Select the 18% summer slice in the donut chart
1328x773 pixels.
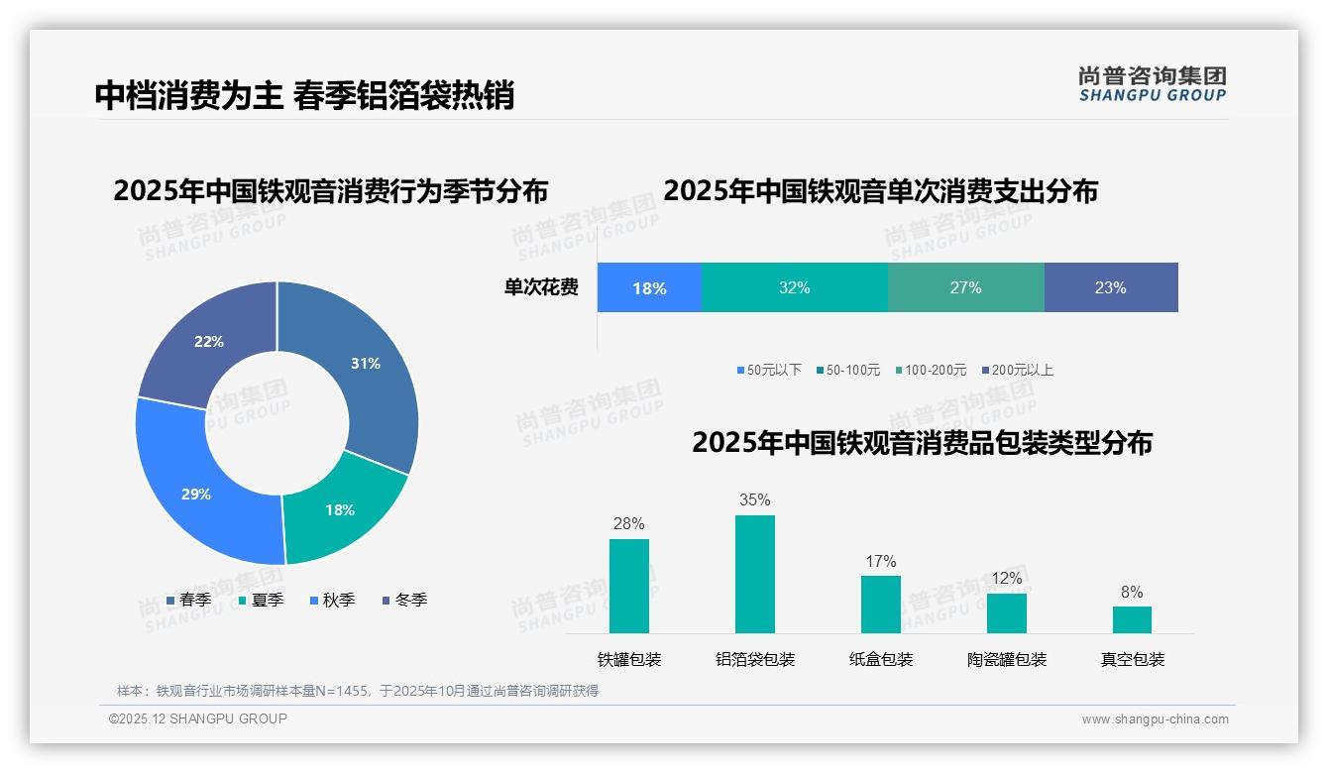(x=340, y=509)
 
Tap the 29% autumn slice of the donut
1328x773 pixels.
(x=196, y=493)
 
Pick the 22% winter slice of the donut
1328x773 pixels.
(x=209, y=342)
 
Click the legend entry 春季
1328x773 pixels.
(x=188, y=600)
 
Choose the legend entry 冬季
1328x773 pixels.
(x=404, y=600)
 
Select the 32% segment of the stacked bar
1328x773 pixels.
(x=794, y=287)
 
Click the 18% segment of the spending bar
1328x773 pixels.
(x=649, y=288)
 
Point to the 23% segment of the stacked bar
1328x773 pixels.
(x=1110, y=287)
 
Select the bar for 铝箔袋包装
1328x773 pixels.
(x=754, y=575)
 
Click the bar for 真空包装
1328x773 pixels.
(x=1132, y=619)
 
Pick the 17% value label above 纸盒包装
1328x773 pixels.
(x=880, y=561)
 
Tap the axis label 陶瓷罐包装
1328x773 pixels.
(x=1006, y=659)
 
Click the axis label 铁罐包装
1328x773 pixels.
(x=628, y=659)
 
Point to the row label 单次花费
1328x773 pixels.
(x=541, y=287)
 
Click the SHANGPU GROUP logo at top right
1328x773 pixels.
(x=1152, y=84)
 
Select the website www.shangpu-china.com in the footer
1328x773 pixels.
(x=1155, y=719)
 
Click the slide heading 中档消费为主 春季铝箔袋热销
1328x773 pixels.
(x=304, y=95)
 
